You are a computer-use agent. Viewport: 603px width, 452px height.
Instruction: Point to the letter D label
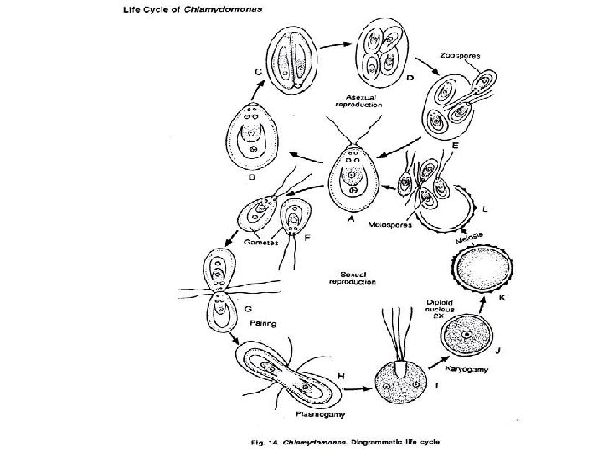click(x=410, y=78)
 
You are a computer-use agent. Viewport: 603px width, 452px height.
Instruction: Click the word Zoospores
click(x=459, y=57)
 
